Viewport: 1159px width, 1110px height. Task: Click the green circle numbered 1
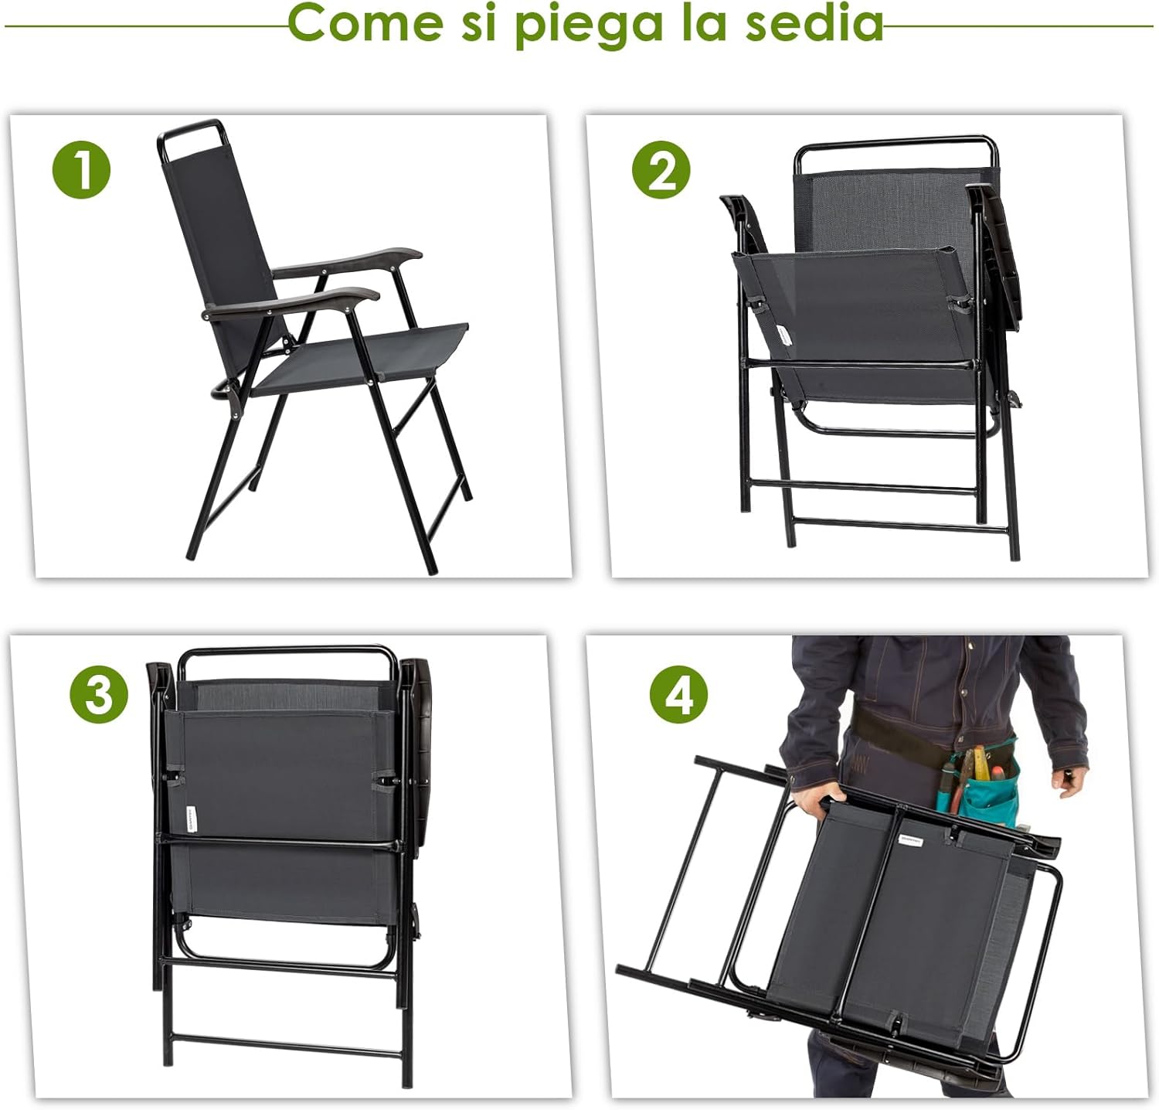coord(82,169)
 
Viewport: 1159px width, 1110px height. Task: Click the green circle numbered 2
coord(661,171)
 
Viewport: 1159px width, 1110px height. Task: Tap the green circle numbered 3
coord(99,695)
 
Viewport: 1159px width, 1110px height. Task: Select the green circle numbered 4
coord(678,695)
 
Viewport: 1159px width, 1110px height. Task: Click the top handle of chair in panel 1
coord(190,128)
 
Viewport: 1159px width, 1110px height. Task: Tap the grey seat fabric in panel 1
coord(363,356)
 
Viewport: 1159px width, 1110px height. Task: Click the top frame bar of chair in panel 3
coord(286,652)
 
